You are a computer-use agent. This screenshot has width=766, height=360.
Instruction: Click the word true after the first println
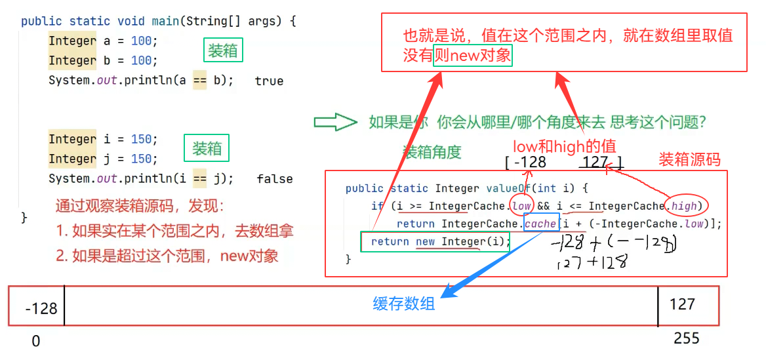[x=269, y=81]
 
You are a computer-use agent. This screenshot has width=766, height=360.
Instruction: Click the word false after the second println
[x=275, y=178]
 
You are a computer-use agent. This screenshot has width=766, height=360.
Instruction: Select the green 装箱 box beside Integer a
[x=223, y=50]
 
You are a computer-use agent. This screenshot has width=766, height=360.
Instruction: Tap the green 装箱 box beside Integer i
[x=207, y=149]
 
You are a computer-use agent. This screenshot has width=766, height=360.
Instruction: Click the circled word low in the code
[x=522, y=206]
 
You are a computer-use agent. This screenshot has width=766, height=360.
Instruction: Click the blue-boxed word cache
[x=541, y=224]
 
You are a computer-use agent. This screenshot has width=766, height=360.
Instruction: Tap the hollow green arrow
[x=334, y=122]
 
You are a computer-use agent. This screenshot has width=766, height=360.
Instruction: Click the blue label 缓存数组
[x=404, y=304]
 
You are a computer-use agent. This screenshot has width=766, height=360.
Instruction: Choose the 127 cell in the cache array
[x=681, y=304]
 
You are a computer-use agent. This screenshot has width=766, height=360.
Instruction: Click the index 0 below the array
[x=36, y=341]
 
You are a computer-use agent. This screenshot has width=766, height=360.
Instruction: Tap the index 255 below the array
[x=686, y=338]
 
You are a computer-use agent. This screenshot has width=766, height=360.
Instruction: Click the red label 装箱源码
[x=689, y=159]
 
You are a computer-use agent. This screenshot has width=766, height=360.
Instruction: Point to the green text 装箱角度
[x=432, y=152]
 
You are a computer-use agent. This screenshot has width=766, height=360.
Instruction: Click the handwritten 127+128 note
[x=591, y=263]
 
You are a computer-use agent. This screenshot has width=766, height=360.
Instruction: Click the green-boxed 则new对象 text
[x=472, y=54]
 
